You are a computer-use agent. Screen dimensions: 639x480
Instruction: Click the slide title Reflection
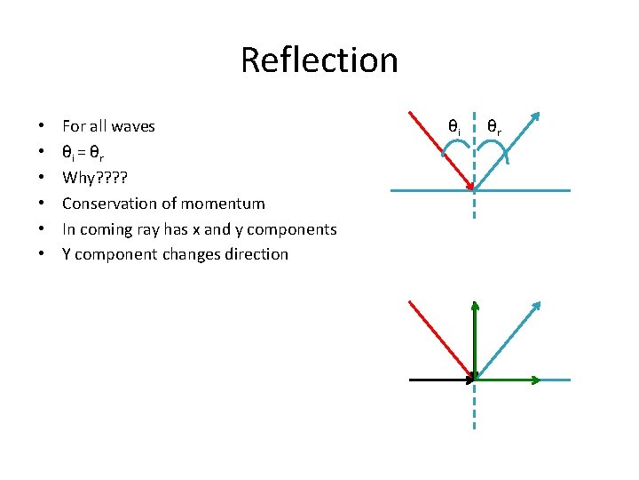319,60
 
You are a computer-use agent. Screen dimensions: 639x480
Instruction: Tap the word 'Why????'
89,178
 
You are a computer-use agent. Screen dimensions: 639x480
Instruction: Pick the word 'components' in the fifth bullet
291,229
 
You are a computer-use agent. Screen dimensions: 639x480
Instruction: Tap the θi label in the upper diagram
454,128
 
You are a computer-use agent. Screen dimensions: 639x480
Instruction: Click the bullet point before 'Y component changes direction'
42,255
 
